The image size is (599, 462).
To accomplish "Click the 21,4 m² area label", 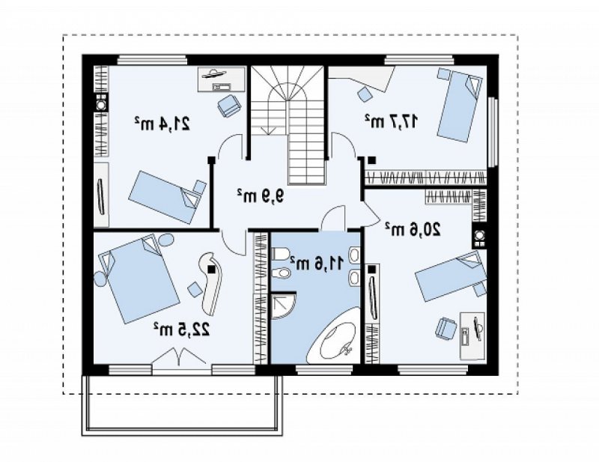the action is pyautogui.click(x=162, y=123).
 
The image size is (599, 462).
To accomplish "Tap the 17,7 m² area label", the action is pyautogui.click(x=391, y=121).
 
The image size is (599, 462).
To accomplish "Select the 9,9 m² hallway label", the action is pyautogui.click(x=261, y=195).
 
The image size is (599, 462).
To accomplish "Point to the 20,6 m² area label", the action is pyautogui.click(x=413, y=228).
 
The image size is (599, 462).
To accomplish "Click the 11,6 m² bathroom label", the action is pyautogui.click(x=317, y=263).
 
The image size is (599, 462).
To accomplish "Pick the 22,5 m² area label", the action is pyautogui.click(x=182, y=328).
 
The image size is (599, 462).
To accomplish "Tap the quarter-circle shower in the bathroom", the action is pyautogui.click(x=283, y=306).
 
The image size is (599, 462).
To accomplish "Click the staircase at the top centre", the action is pyautogui.click(x=288, y=125).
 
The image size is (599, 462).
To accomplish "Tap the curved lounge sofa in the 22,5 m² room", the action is pyautogui.click(x=210, y=282).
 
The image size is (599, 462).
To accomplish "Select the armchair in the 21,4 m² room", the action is pyautogui.click(x=229, y=105).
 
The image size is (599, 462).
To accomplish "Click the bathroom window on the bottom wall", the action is pyautogui.click(x=324, y=369).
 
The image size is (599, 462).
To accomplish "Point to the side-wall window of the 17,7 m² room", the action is pyautogui.click(x=494, y=131).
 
